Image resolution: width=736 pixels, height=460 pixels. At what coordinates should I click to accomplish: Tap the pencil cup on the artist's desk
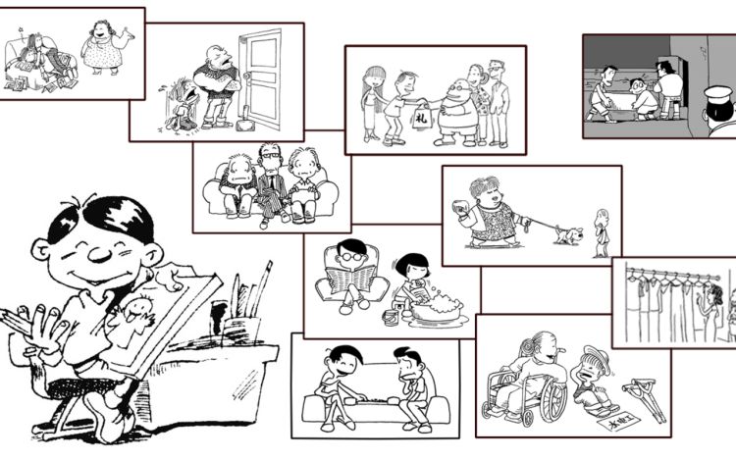click(240, 327)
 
